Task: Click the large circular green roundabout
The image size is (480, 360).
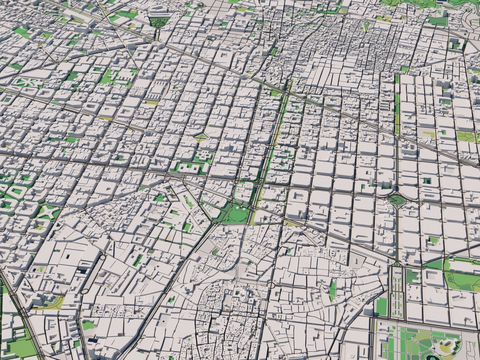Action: pos(396,200)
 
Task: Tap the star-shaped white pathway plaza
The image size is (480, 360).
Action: pos(48,211)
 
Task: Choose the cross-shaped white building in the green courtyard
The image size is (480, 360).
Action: pos(203,156)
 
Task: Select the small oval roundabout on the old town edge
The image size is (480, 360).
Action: pos(271,285)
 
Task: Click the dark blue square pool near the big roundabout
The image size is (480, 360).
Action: pos(427,181)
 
